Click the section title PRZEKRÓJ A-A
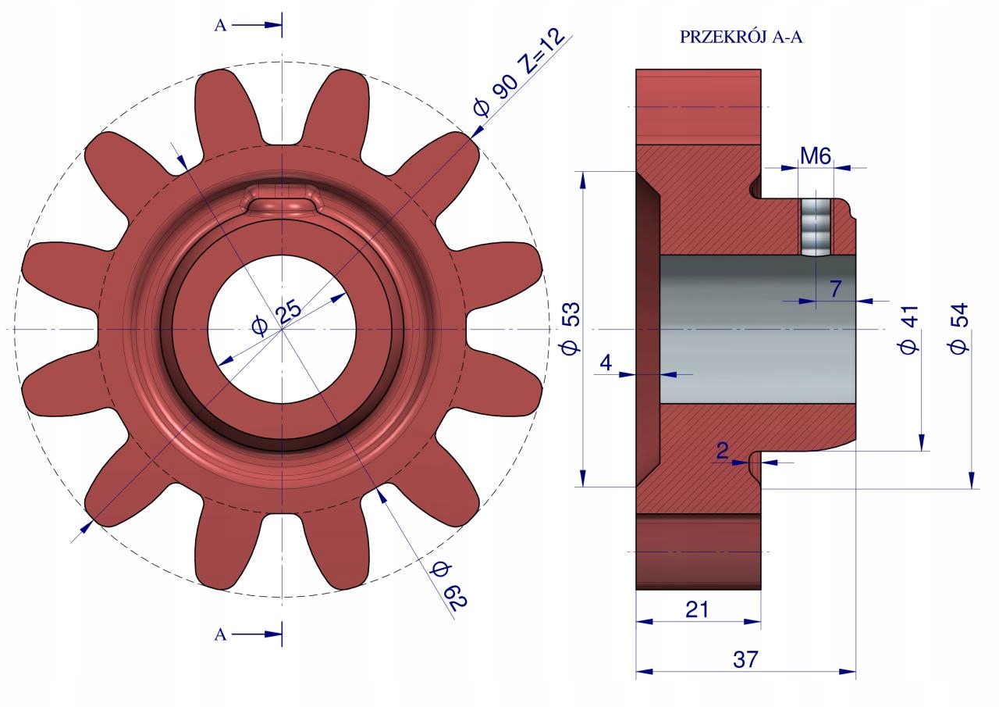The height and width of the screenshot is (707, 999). pos(741,37)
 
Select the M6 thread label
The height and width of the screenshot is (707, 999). pos(816,156)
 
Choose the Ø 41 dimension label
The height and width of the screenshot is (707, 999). pos(909,330)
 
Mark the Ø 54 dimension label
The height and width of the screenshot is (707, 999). pos(958,329)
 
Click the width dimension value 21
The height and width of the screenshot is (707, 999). pos(697,609)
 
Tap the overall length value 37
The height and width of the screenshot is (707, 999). pos(745,659)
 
